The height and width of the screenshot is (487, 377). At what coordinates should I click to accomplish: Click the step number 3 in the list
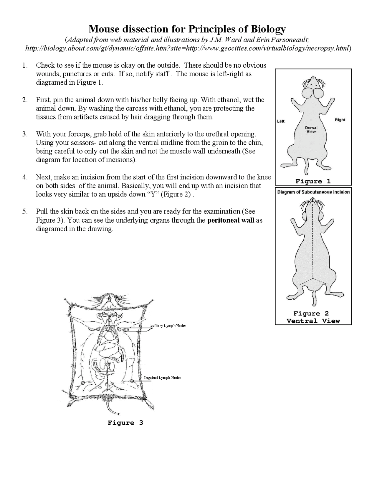(25, 134)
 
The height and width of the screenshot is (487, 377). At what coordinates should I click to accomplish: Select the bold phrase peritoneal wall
(231, 220)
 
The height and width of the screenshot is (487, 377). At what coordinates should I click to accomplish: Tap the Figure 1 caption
(313, 181)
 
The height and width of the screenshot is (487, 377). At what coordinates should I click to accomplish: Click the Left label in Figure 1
(281, 121)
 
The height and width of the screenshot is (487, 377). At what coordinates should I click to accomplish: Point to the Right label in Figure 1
(340, 120)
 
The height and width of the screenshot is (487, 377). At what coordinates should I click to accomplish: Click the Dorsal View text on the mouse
(311, 130)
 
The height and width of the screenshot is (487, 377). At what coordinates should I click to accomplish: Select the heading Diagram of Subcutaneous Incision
(313, 192)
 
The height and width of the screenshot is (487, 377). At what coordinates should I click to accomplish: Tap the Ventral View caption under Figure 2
(313, 321)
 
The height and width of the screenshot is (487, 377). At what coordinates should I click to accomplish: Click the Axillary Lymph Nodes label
(168, 326)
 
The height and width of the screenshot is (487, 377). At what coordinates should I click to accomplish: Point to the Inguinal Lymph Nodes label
(162, 378)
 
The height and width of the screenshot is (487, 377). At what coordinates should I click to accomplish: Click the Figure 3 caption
(125, 423)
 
